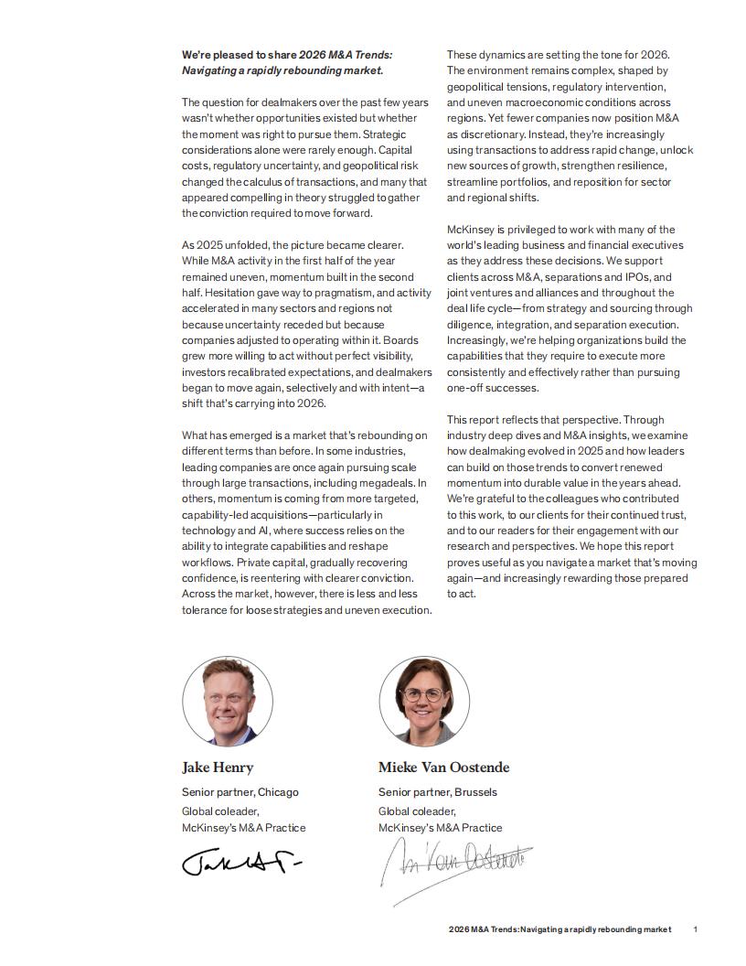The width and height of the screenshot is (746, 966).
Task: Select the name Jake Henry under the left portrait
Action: (x=218, y=767)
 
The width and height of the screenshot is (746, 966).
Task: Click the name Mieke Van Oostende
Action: (x=443, y=767)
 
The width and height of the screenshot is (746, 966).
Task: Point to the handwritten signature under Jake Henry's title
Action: (x=240, y=863)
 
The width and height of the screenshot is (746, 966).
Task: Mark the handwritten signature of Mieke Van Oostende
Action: (x=455, y=864)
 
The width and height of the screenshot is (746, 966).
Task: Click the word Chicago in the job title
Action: (x=278, y=792)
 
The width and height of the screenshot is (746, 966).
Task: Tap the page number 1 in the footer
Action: (x=696, y=929)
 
